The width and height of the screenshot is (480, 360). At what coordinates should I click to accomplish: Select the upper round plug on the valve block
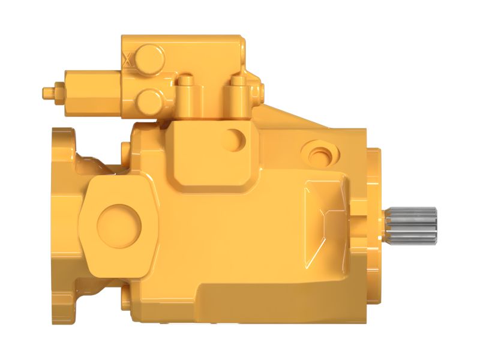tap(149, 59)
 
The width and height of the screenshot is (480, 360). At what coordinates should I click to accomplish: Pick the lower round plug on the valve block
tap(149, 99)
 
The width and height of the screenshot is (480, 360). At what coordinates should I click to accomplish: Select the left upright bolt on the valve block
tap(186, 90)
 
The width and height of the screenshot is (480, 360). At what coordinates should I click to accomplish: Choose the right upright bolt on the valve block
tap(238, 90)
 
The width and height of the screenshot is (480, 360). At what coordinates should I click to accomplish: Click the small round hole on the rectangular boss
tap(233, 140)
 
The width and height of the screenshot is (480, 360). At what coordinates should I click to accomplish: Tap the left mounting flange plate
tap(63, 225)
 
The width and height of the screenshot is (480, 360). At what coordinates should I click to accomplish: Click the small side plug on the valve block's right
tap(262, 92)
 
